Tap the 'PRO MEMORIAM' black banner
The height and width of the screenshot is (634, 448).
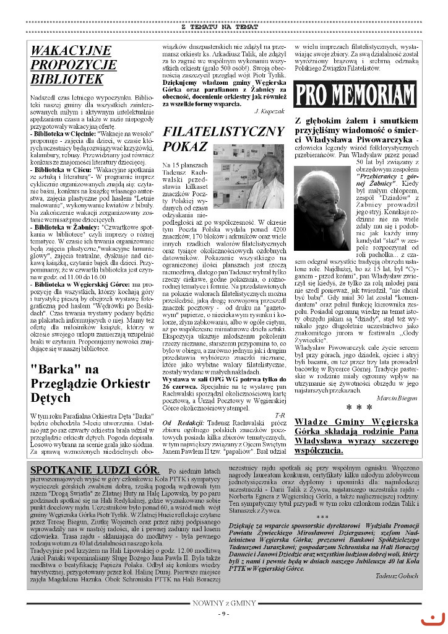coord(355,95)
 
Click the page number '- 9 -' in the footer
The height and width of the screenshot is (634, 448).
coord(224,614)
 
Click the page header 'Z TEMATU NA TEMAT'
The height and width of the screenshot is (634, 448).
coord(224,27)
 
